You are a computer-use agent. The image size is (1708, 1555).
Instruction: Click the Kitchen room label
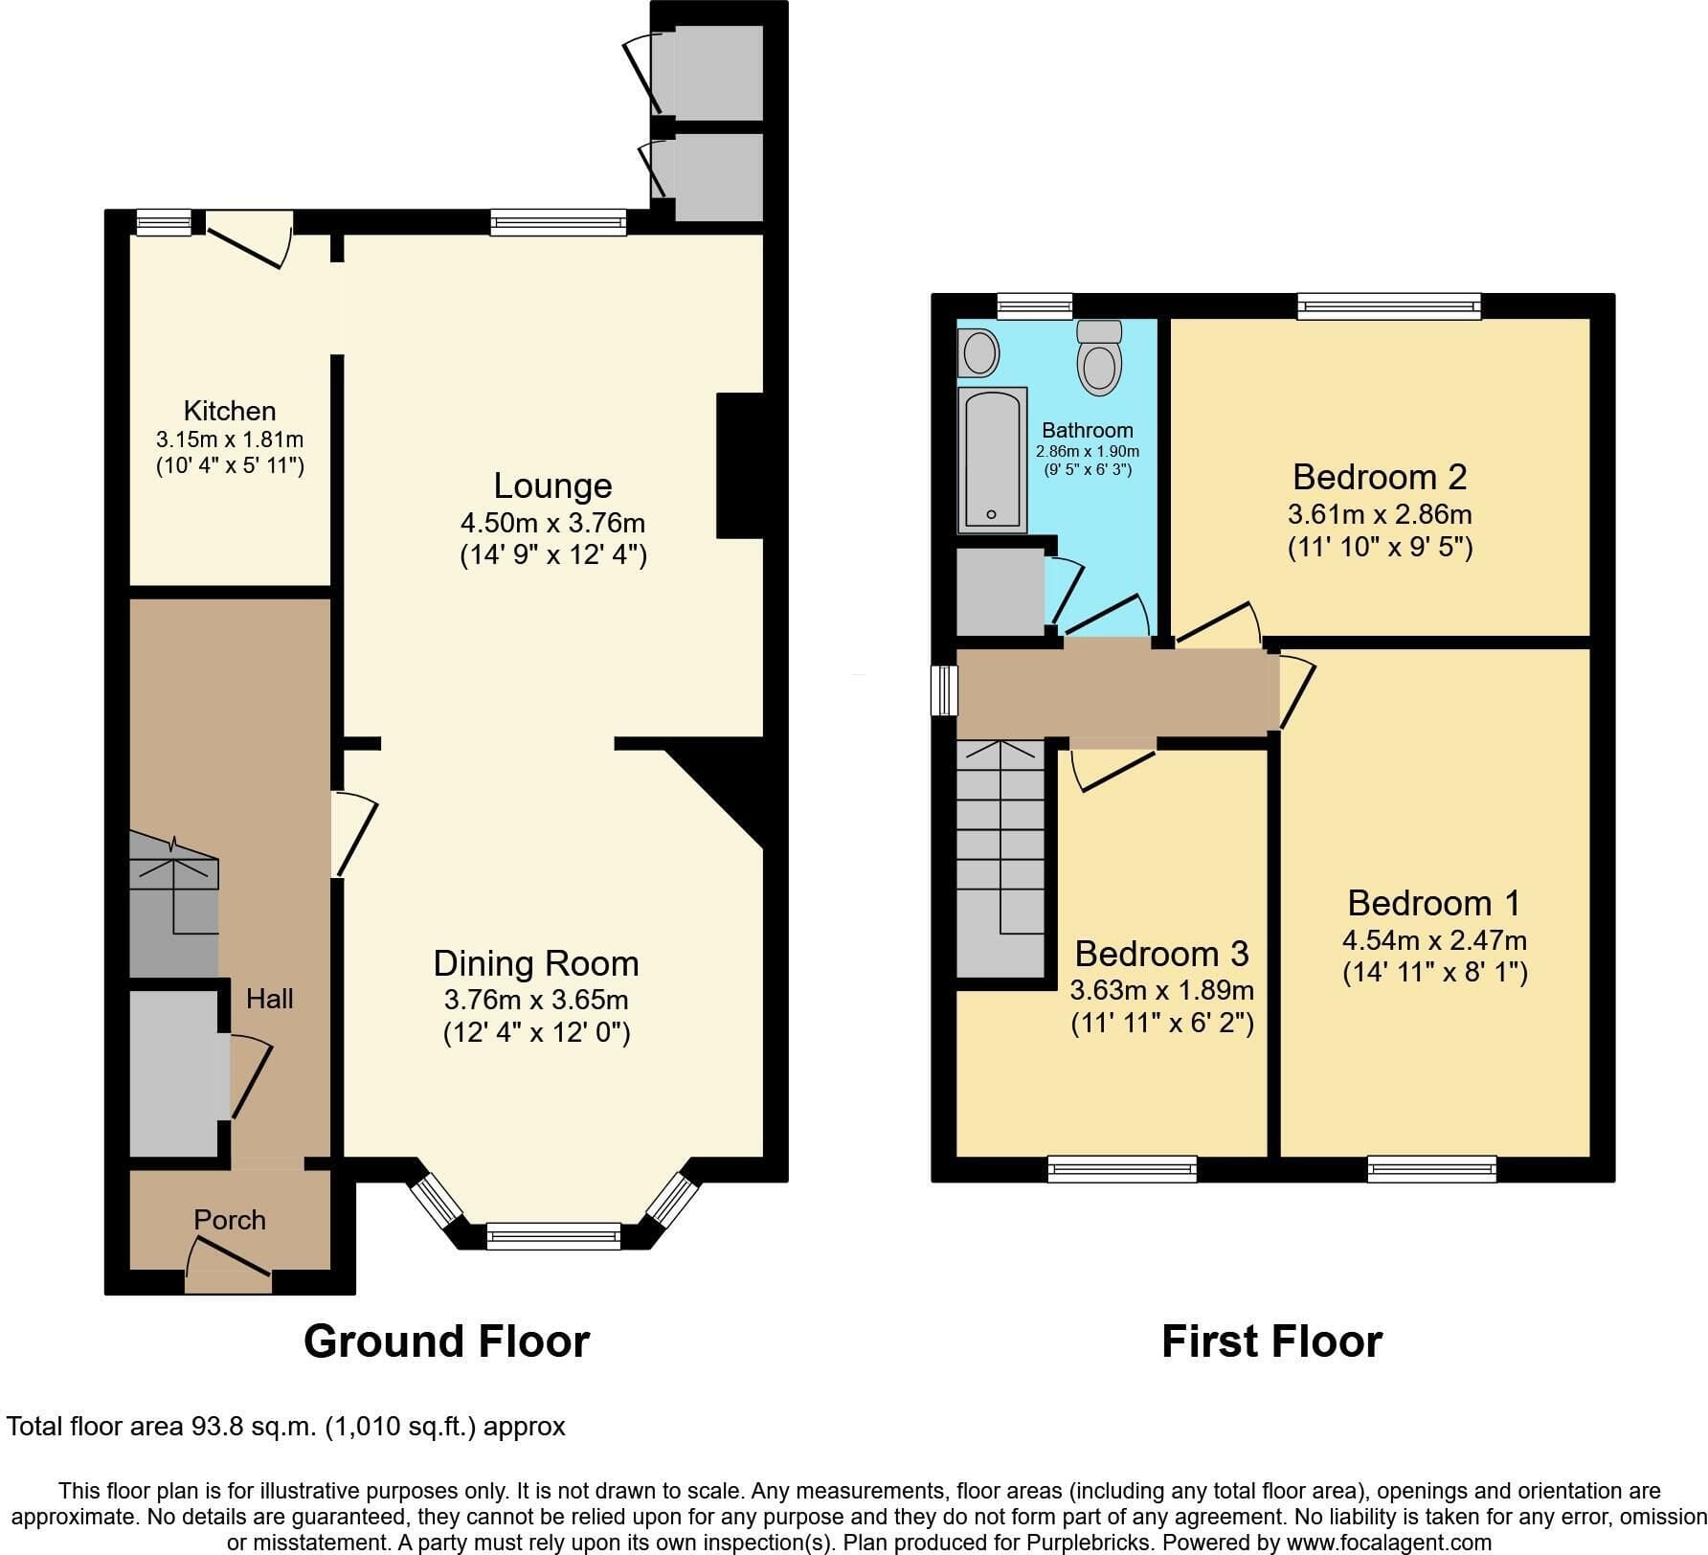230,411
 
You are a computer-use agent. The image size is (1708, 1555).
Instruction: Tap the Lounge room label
552,486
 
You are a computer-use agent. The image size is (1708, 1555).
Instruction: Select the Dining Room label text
536,963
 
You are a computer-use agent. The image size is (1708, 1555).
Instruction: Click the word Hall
270,999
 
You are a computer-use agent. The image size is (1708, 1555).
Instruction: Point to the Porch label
230,1219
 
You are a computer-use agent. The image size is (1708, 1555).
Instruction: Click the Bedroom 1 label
1434,903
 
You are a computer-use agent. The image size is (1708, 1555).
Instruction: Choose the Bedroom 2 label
1380,477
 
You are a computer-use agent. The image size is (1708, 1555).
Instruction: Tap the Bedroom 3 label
1161,954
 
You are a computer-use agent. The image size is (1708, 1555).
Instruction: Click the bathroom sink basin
978,352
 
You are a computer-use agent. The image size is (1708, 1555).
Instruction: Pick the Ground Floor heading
446,1341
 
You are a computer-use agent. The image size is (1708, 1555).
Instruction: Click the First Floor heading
1272,1341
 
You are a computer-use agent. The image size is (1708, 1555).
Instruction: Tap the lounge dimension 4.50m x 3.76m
552,524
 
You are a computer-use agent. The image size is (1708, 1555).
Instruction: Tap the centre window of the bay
554,1235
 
